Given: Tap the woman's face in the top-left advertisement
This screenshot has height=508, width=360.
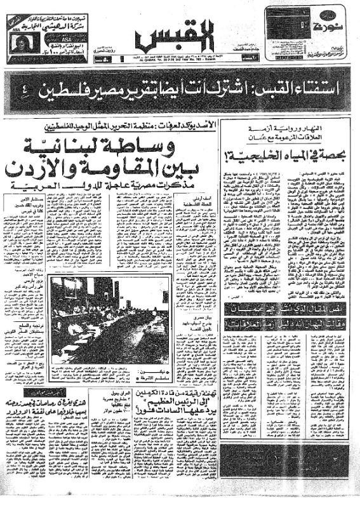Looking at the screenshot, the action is (x=18, y=39).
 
